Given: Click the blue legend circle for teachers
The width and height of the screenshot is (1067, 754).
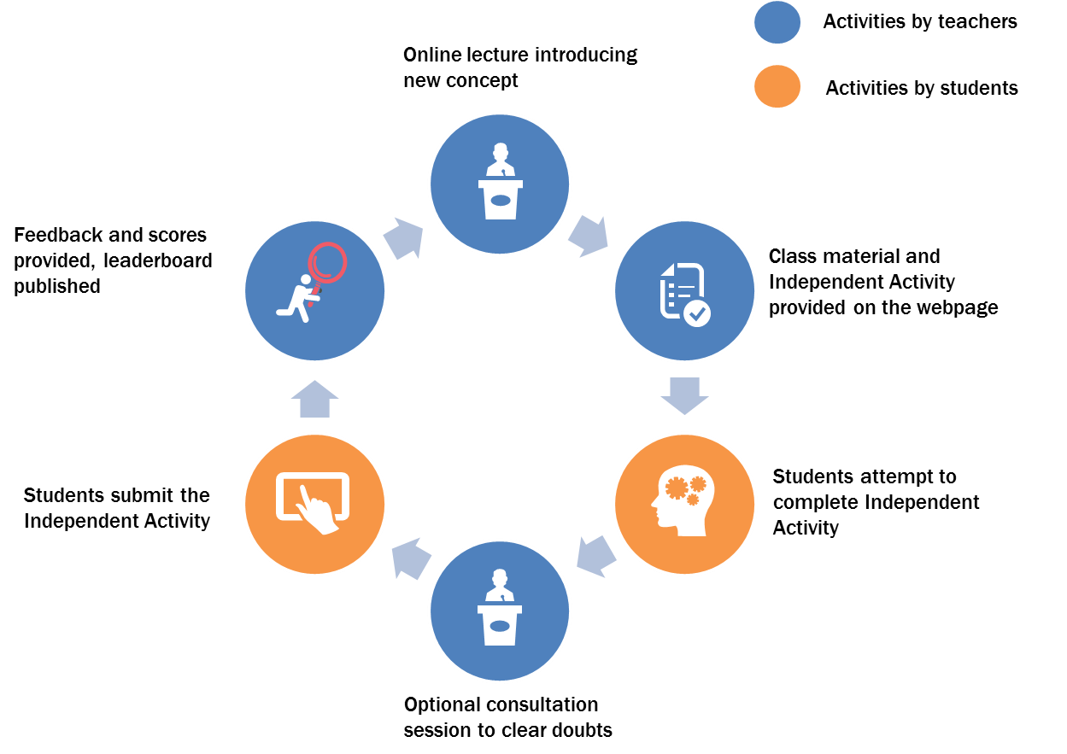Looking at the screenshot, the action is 777,22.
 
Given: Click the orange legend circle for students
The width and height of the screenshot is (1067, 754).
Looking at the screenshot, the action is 777,86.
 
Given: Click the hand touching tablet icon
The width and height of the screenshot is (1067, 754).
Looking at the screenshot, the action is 313,503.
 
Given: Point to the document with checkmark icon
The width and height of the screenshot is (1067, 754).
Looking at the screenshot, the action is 685,295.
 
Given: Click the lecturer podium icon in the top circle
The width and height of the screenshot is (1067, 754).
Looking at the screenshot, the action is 500,181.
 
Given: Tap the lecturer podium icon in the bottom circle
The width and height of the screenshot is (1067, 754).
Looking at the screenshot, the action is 500,607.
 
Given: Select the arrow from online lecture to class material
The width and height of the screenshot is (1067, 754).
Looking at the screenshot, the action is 589,236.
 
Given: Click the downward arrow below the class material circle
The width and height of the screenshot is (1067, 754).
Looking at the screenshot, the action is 684,396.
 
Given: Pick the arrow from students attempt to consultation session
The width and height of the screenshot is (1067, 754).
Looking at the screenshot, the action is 596,557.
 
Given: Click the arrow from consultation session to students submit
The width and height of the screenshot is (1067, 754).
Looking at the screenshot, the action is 412,558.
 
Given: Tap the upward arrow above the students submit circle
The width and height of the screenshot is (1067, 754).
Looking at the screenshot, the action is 314,399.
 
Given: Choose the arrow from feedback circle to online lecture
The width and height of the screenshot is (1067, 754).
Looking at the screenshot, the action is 403,238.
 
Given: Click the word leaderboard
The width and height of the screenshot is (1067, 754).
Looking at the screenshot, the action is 158,260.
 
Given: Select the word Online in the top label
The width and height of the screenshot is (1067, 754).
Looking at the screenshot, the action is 432,55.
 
